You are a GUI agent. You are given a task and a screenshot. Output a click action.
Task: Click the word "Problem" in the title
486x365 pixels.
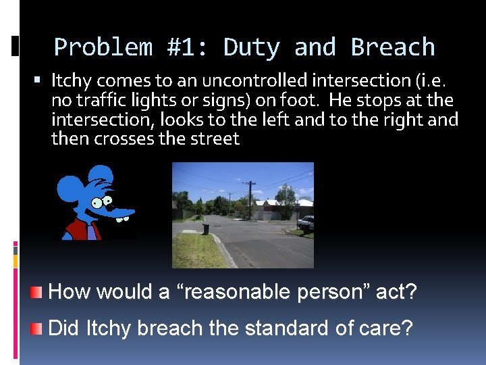pyautogui.click(x=103, y=47)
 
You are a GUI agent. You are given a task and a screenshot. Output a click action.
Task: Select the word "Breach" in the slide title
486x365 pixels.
pyautogui.click(x=393, y=47)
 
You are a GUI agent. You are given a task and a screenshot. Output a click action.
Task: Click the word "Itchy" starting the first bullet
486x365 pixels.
pyautogui.click(x=70, y=81)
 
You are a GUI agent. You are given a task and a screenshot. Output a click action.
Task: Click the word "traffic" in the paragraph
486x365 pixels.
pyautogui.click(x=98, y=101)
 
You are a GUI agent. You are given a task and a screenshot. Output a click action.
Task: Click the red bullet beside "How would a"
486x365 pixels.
pyautogui.click(x=36, y=293)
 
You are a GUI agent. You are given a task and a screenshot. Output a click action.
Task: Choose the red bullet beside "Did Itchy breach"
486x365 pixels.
pyautogui.click(x=36, y=328)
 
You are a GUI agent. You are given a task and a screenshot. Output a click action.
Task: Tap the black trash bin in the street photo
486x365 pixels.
pyautogui.click(x=206, y=229)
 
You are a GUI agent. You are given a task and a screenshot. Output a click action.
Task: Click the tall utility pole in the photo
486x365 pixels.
pyautogui.click(x=250, y=199)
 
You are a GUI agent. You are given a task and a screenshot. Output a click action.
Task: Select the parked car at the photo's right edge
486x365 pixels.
pyautogui.click(x=306, y=222)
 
